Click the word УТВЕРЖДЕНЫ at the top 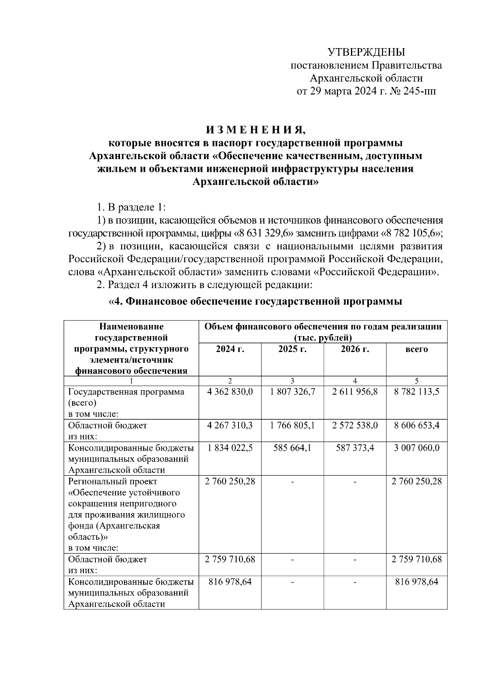pos(366,52)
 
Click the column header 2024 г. pos(230,349)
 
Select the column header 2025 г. pos(292,349)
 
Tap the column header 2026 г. pos(355,349)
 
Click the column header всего pos(417,349)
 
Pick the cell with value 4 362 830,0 pos(230,392)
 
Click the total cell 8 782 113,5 pos(417,392)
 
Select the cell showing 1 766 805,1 pos(292,425)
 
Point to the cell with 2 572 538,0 pos(355,425)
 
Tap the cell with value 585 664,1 pos(292,447)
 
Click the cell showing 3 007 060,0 pos(417,447)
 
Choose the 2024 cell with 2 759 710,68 pos(230,559)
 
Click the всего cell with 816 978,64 pos(417,582)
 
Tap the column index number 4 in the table pos(355,381)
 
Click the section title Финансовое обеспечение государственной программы pos(256,302)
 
